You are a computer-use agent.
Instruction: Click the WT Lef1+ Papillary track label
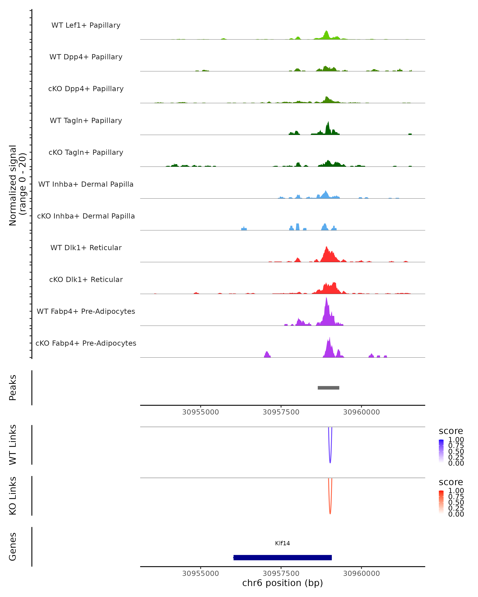tap(86, 25)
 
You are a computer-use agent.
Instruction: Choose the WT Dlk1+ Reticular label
tap(86, 248)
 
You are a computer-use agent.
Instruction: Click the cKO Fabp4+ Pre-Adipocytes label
tap(86, 343)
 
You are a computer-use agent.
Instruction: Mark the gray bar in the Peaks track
tap(328, 388)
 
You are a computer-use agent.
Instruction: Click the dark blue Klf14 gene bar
tap(282, 557)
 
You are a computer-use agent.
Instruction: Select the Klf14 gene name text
tap(282, 543)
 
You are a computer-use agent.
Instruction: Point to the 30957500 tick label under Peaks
tap(281, 412)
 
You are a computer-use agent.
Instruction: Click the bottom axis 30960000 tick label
tap(361, 574)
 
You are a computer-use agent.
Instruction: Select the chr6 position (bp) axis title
tap(282, 583)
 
